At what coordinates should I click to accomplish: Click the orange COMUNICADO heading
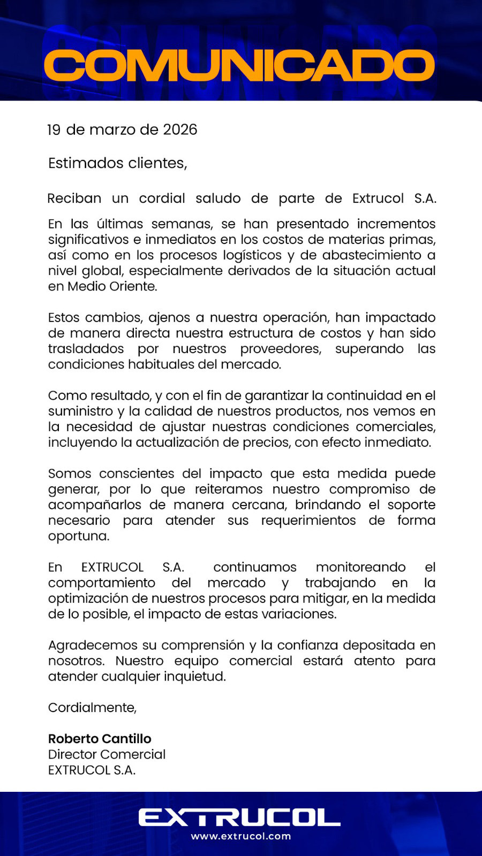point(239,66)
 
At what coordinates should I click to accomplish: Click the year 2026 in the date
point(180,129)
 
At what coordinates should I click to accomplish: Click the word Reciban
point(74,198)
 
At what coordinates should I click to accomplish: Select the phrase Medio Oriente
point(111,286)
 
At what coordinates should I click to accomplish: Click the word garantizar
point(276,396)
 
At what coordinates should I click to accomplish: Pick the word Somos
point(69,474)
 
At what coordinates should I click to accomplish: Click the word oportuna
point(78,536)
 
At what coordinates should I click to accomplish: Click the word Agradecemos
point(93,645)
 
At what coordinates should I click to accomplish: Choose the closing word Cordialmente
point(92,707)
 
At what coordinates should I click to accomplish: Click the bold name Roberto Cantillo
point(100,739)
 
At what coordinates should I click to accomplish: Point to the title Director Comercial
point(107,754)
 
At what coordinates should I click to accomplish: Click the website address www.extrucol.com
point(240,836)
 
